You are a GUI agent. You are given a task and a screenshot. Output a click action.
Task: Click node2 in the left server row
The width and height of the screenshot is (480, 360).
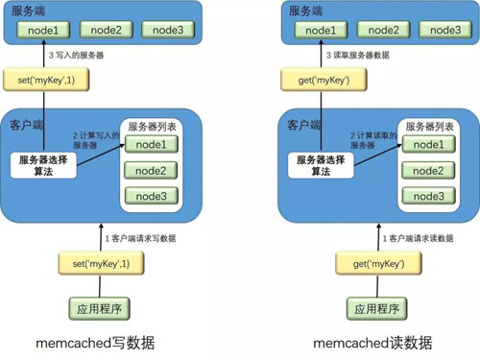(106, 30)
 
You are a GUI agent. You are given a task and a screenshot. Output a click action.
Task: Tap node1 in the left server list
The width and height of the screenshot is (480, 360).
(151, 145)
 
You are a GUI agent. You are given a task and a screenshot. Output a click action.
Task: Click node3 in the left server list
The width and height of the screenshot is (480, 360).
(151, 197)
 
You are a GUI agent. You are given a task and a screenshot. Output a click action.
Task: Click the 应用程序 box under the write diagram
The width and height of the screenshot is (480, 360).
(95, 308)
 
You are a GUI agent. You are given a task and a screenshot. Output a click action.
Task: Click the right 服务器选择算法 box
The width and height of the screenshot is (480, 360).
(324, 164)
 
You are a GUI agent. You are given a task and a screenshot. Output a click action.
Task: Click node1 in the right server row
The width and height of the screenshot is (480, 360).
(321, 30)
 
